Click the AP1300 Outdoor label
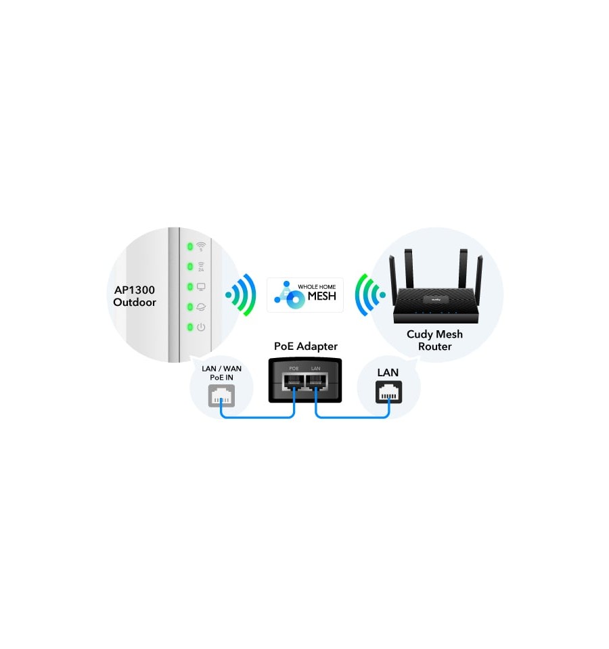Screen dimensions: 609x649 135,296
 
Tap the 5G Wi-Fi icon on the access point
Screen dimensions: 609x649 201,246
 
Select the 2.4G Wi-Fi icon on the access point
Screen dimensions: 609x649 201,267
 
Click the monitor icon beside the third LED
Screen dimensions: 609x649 201,287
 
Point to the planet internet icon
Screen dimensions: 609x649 201,307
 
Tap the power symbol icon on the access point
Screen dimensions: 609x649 201,327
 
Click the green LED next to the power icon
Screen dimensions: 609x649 190,327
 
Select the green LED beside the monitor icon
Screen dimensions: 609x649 190,286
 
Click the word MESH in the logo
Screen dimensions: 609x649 322,296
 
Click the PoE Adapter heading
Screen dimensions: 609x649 306,346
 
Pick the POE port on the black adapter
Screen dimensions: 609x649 293,382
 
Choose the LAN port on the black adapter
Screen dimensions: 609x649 316,382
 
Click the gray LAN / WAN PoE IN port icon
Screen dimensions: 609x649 221,396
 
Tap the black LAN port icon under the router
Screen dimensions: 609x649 388,392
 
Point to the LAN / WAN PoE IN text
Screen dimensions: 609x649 221,373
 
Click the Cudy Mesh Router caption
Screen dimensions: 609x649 434,340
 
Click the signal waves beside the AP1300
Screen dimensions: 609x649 242,294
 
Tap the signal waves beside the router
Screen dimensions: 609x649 369,294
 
